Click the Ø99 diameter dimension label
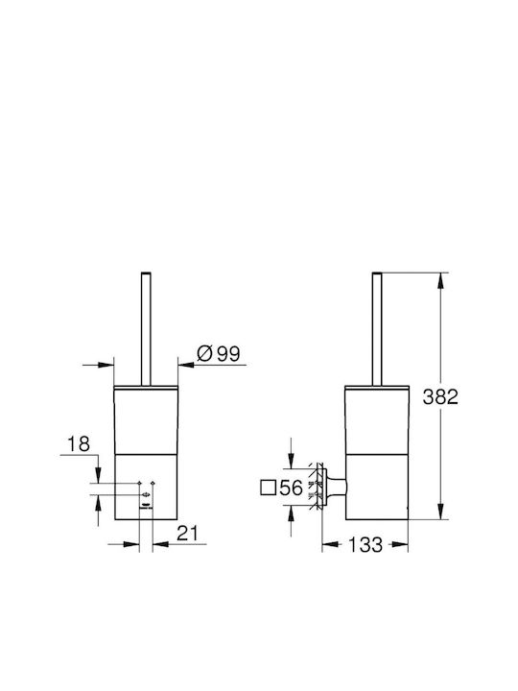[219, 353]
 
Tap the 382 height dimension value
[440, 397]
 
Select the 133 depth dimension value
[365, 545]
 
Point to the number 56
[292, 488]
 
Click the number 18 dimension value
[79, 444]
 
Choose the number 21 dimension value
[188, 534]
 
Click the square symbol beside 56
[269, 488]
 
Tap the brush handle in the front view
[146, 329]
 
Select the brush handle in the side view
[377, 329]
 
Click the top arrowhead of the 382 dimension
[440, 280]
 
